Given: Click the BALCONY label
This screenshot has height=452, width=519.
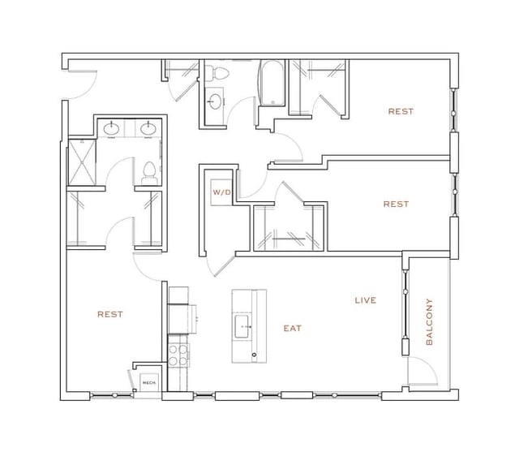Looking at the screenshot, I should [x=430, y=322].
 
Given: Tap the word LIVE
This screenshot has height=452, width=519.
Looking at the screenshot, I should [x=366, y=300].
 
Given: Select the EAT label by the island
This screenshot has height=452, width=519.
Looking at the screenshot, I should [x=293, y=329].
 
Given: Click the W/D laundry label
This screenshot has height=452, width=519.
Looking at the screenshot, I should [x=221, y=193].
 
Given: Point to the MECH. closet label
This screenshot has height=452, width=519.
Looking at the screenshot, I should [x=149, y=382].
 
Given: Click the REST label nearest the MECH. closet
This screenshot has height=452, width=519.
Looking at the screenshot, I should [x=110, y=314].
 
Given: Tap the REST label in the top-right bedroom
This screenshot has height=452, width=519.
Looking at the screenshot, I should [x=401, y=111].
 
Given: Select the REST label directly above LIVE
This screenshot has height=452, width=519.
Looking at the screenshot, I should [x=396, y=204].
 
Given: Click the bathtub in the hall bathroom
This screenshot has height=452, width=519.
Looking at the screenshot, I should [x=272, y=85].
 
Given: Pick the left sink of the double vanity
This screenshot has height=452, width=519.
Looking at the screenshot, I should [x=111, y=128].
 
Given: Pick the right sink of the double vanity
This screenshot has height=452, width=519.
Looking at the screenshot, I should [x=149, y=128].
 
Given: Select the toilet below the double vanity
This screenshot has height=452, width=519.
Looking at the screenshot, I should [x=149, y=172].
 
